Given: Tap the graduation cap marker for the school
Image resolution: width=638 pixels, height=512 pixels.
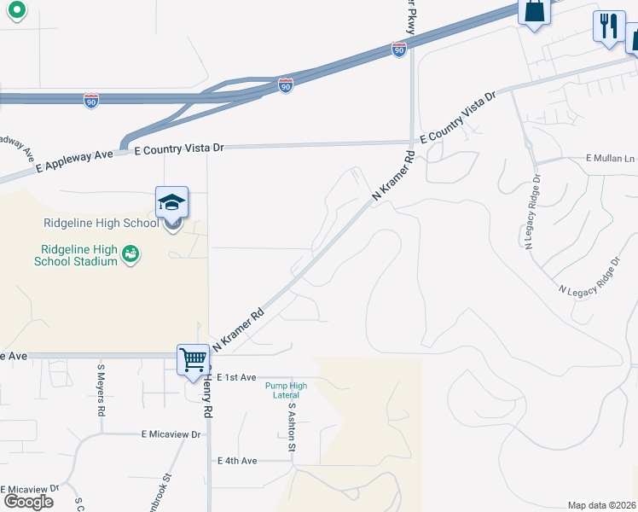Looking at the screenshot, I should pos(171,203).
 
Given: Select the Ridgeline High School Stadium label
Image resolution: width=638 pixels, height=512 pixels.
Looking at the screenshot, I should pos(76,255).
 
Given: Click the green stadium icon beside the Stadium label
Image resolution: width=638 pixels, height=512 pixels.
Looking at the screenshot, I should pos(130,253).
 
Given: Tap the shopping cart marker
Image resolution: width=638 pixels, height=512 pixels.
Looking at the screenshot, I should pos(194,358).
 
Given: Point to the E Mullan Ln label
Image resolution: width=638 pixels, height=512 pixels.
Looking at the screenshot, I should pos(611,159).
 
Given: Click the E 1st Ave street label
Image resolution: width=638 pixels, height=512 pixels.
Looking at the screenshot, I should pos(237,377).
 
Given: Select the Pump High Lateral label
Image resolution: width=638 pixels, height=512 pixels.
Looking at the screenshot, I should pos(286,391).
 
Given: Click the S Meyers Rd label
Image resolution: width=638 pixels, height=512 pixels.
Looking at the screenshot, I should pos(101,390).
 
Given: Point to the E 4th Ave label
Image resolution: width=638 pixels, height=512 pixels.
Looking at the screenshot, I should pos(237,461).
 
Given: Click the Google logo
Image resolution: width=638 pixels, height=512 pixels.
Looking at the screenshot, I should pos(28,502).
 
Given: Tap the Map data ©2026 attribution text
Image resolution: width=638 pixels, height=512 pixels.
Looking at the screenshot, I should pos(601,505).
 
